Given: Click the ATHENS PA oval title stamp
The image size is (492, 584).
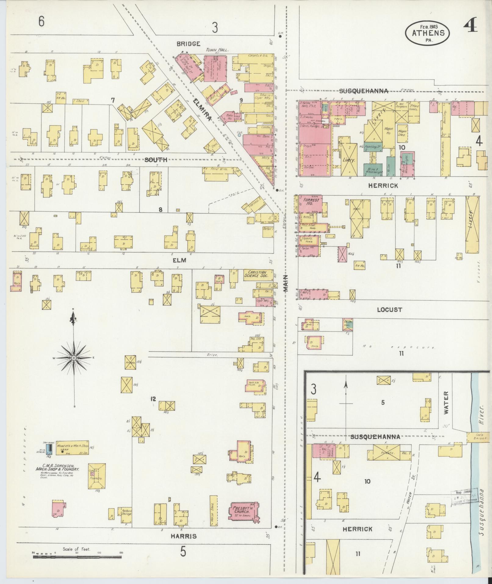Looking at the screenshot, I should tap(427, 33).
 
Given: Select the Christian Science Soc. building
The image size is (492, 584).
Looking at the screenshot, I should tap(258, 274).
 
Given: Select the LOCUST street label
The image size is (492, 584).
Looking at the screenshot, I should tap(390, 310).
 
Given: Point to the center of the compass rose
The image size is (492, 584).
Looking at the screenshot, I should tap(74, 357).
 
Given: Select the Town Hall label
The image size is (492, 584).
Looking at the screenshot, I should tap(217, 50).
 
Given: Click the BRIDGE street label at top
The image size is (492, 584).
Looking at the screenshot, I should tap(188, 44).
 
